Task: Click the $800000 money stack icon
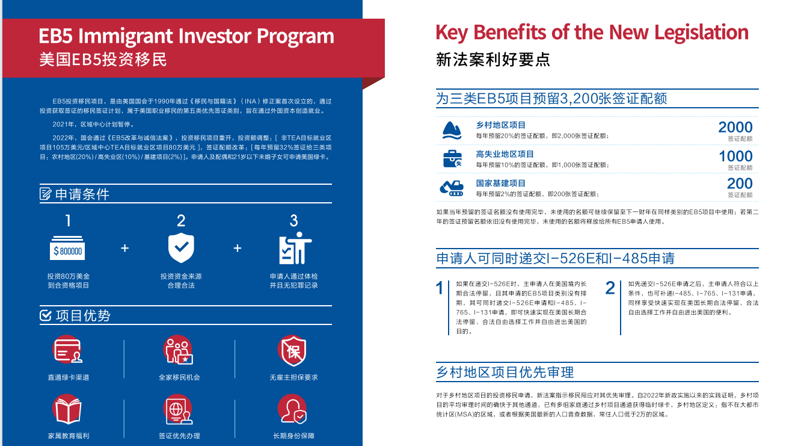(67, 248)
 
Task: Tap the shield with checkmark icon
(181, 248)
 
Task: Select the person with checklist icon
(295, 248)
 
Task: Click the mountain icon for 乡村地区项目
(452, 131)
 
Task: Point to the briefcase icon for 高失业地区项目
(452, 159)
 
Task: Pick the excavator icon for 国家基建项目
(452, 188)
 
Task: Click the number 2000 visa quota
(735, 127)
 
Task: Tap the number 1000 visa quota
(735, 156)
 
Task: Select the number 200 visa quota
(740, 184)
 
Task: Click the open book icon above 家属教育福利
(67, 410)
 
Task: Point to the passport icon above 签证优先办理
(178, 410)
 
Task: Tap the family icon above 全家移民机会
(178, 350)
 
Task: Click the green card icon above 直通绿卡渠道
(67, 350)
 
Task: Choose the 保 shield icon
(292, 351)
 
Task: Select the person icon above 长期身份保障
(292, 409)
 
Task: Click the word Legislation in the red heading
(701, 33)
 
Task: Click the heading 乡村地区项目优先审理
(505, 372)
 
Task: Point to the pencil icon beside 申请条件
(46, 194)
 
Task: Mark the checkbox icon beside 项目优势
(46, 315)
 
